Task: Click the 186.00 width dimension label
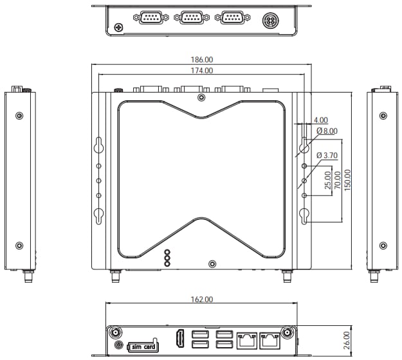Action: pyautogui.click(x=203, y=59)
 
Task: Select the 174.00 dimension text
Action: pyautogui.click(x=202, y=70)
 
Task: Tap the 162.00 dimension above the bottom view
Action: pyautogui.click(x=202, y=300)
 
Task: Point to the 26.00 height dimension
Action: pyautogui.click(x=346, y=339)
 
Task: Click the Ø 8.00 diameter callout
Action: pyautogui.click(x=327, y=131)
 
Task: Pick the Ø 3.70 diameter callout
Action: pyautogui.click(x=327, y=156)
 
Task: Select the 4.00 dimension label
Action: pyautogui.click(x=320, y=120)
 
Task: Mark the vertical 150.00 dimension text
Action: pyautogui.click(x=347, y=180)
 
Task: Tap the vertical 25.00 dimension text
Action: pyautogui.click(x=327, y=179)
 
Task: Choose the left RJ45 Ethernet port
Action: pyautogui.click(x=247, y=339)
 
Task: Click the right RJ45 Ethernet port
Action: pyautogui.click(x=270, y=339)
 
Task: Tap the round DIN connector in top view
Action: pyautogui.click(x=271, y=21)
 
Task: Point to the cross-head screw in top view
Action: pyautogui.click(x=118, y=28)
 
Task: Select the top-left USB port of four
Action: pyautogui.click(x=200, y=334)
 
